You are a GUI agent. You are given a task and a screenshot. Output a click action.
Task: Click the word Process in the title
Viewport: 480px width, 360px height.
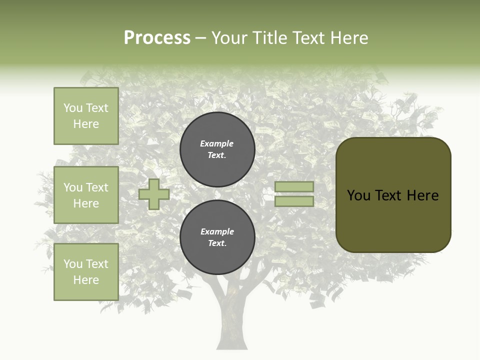pos(157,38)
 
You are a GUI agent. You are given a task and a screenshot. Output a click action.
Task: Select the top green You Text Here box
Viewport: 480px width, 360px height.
pos(86,116)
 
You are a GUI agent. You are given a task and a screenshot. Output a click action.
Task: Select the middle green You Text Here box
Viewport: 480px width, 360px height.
pos(86,195)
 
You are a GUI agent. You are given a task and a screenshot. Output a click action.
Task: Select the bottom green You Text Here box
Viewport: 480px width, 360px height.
pos(86,271)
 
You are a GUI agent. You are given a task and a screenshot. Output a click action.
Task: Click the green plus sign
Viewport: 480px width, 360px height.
pos(154,194)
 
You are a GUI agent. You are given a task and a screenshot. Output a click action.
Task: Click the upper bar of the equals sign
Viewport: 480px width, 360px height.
pos(294,186)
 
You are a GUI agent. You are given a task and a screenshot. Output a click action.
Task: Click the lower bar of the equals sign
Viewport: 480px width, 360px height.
pos(294,201)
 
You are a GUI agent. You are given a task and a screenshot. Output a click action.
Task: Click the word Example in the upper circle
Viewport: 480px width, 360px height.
pos(216,143)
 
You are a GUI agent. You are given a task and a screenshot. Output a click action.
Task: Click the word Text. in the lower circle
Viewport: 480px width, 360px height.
pos(217,243)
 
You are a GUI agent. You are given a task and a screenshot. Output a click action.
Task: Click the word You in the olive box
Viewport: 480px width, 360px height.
pos(358,195)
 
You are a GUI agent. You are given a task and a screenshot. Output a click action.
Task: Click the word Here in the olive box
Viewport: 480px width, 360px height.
pos(422,195)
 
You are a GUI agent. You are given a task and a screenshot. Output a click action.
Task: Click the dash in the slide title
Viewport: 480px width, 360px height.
pos(201,38)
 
